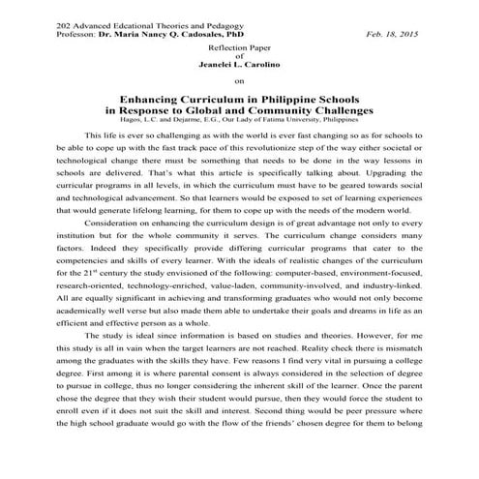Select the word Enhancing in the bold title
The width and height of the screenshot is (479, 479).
148,99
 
